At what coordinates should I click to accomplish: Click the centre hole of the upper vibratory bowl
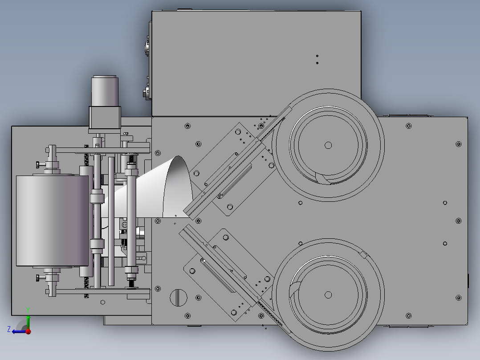(328, 145)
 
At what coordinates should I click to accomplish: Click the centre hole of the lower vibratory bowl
(328, 295)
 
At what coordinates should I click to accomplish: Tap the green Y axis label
(28, 310)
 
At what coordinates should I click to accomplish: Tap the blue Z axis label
(9, 329)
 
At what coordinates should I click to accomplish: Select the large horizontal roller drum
(53, 221)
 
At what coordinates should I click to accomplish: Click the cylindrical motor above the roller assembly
(105, 91)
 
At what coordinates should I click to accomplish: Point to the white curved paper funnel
(153, 190)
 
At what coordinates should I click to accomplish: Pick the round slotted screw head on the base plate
(179, 298)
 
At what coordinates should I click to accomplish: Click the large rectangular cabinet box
(256, 64)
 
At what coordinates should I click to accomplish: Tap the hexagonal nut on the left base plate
(103, 302)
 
